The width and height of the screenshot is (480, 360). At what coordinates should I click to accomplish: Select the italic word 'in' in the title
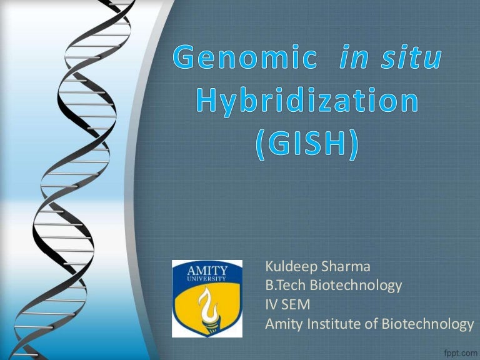(x=352, y=59)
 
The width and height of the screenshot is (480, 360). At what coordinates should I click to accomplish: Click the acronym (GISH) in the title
(x=307, y=144)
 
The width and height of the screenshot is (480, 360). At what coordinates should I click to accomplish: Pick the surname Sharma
(x=346, y=267)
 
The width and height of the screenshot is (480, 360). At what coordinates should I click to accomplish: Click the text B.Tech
(x=284, y=286)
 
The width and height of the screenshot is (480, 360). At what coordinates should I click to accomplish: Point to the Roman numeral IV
(x=272, y=305)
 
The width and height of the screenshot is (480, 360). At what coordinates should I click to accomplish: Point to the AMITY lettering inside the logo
(x=207, y=270)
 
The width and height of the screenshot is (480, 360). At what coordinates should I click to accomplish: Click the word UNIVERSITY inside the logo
(x=207, y=279)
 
